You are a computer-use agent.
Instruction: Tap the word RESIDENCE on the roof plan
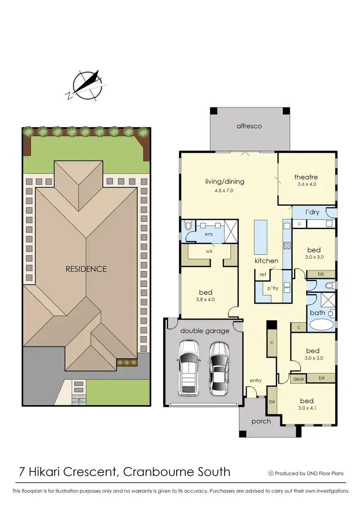pyautogui.click(x=86, y=269)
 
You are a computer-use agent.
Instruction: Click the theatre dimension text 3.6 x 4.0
pyautogui.click(x=306, y=184)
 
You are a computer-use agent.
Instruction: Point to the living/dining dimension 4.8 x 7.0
pyautogui.click(x=225, y=190)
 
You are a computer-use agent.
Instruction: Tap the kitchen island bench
pyautogui.click(x=261, y=237)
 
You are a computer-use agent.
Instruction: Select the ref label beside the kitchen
pyautogui.click(x=263, y=275)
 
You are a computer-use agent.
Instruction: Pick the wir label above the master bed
pyautogui.click(x=209, y=251)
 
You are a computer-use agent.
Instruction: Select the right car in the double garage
pyautogui.click(x=218, y=368)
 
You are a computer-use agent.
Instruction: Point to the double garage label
pyautogui.click(x=204, y=331)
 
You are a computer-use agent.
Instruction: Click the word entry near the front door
pyautogui.click(x=255, y=381)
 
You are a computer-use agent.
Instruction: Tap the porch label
pyautogui.click(x=261, y=421)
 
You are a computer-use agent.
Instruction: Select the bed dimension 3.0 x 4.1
pyautogui.click(x=307, y=409)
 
